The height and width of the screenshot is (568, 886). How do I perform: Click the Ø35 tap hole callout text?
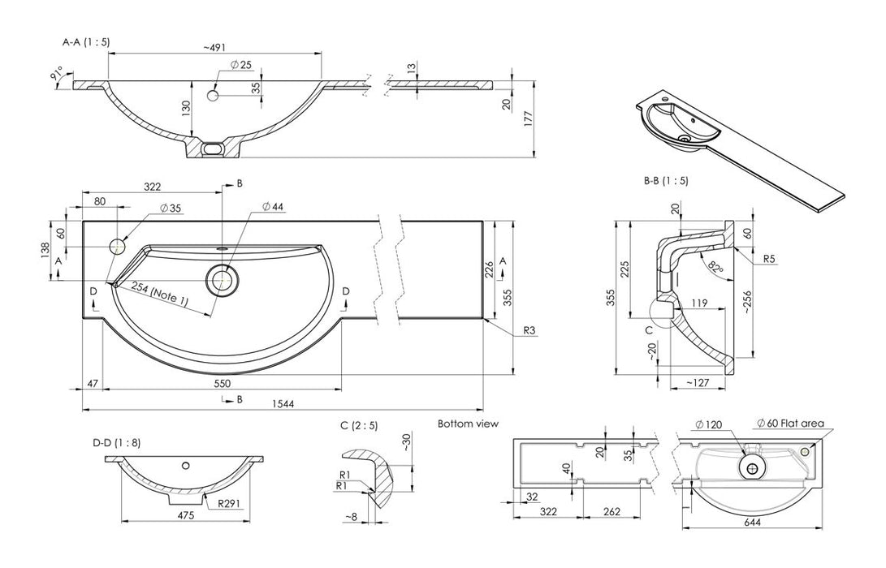coord(171,209)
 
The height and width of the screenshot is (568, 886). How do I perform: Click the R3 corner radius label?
coord(529,330)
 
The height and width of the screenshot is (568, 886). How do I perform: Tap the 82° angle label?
coord(714,267)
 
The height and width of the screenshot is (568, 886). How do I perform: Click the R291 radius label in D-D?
coord(228,503)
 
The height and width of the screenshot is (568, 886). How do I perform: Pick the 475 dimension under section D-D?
coord(185,514)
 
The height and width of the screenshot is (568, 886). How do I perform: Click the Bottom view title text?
coord(468,424)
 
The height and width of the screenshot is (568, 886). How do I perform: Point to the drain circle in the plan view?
coord(222,280)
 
